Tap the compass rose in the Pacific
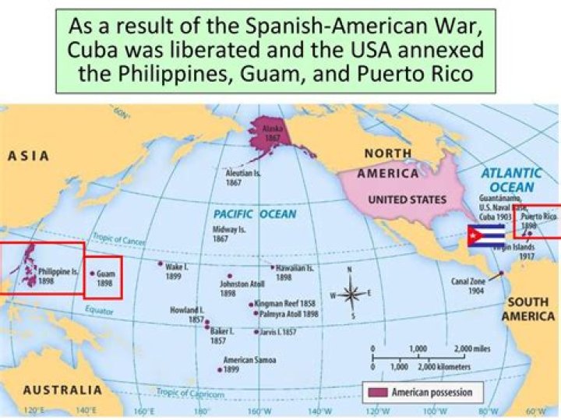(x=351, y=295)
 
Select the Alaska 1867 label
(x=272, y=132)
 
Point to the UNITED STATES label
(x=407, y=199)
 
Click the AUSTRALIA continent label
(x=62, y=390)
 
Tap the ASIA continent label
(x=29, y=156)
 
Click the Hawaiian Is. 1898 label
(x=292, y=272)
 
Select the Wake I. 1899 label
(x=173, y=270)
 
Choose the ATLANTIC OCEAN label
(x=511, y=180)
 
